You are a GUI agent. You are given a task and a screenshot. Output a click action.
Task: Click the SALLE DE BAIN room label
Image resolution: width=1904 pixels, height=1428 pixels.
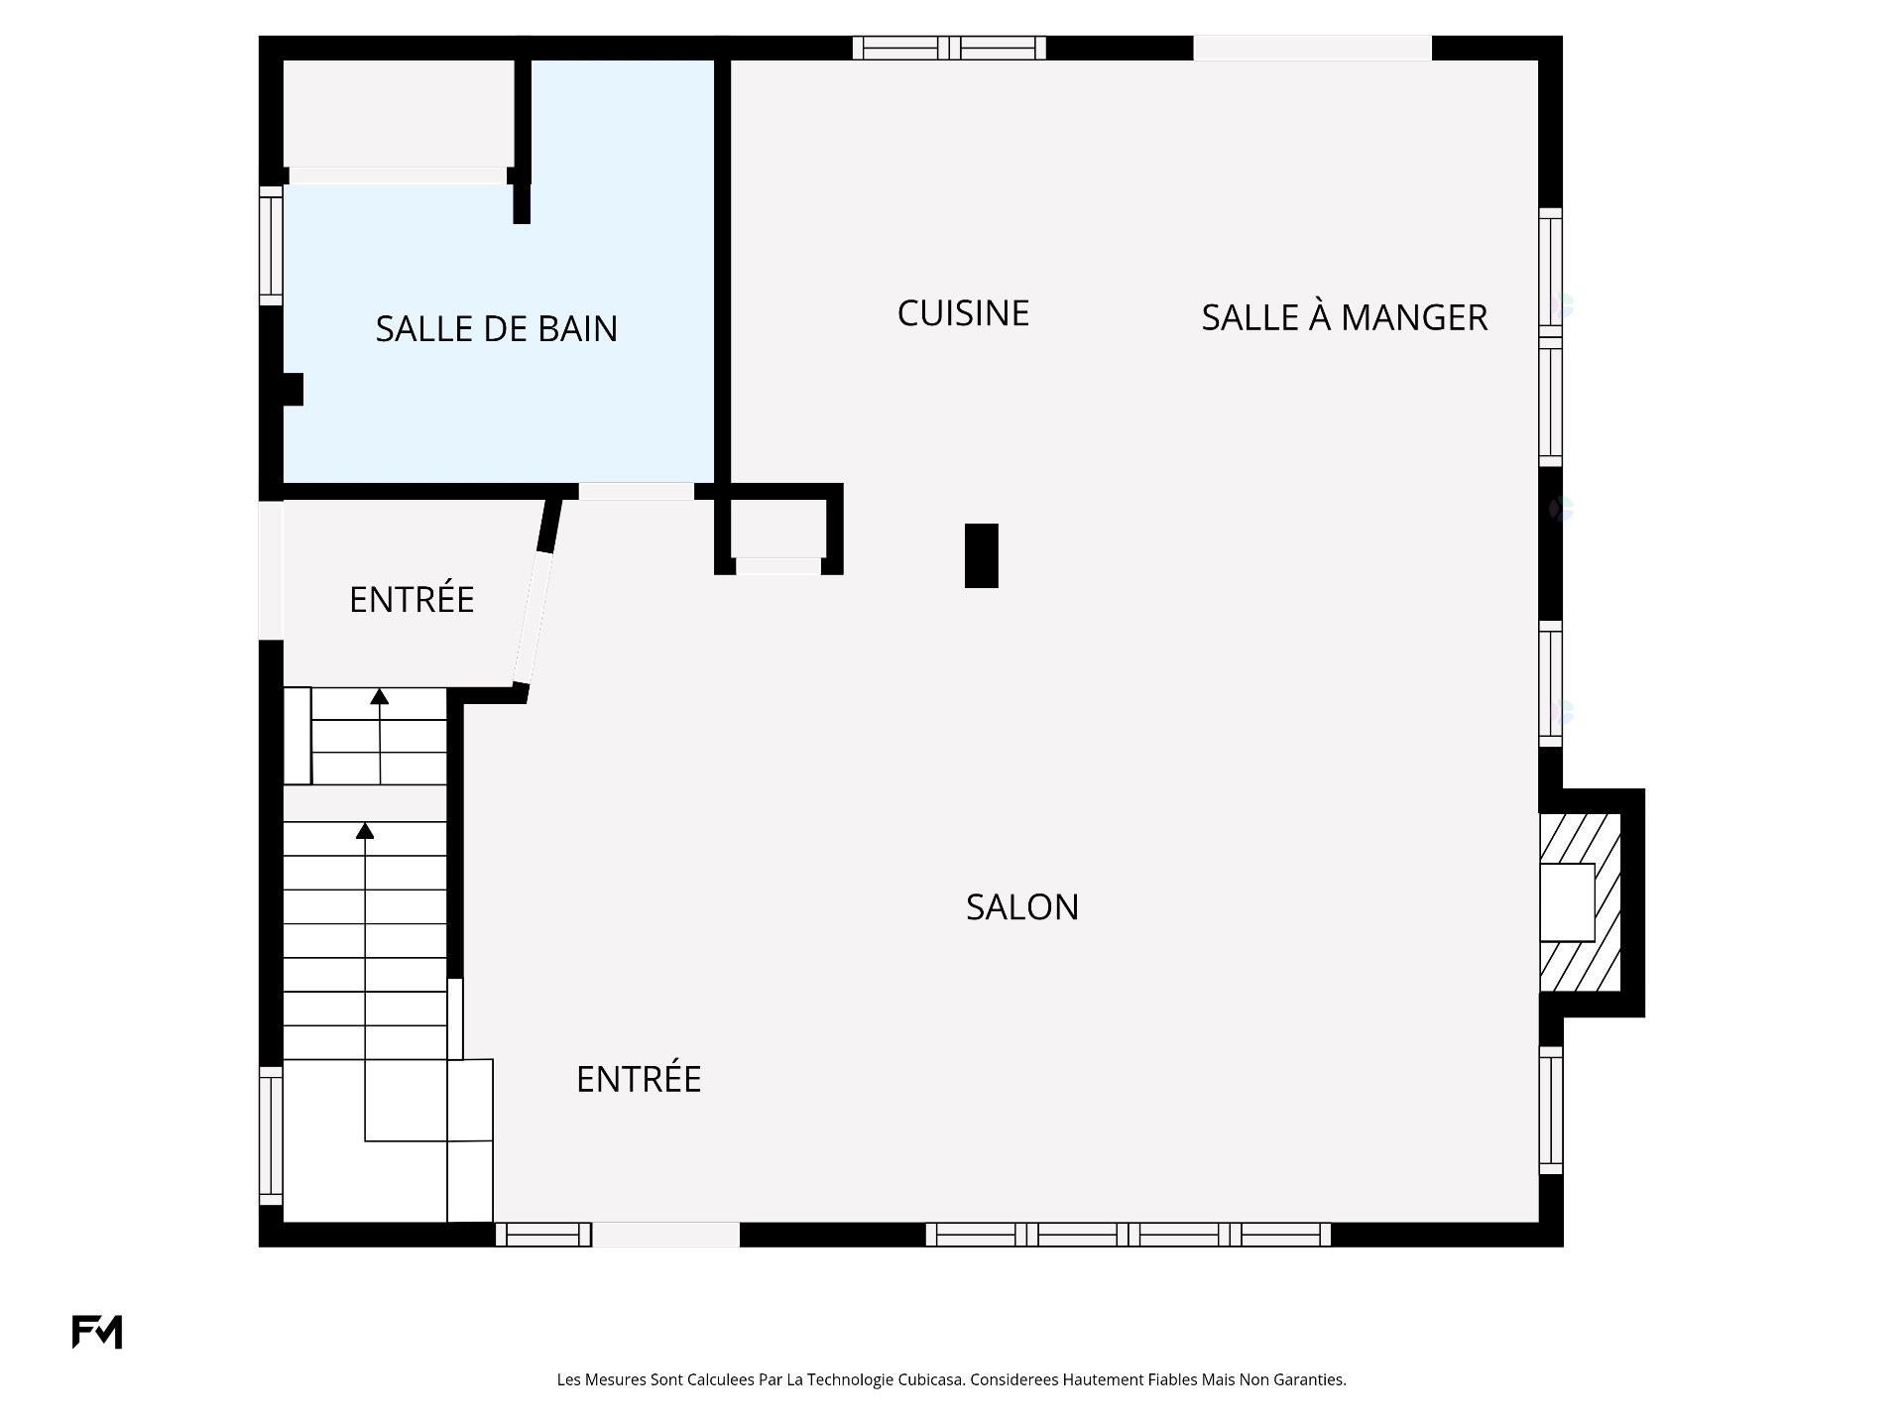[496, 328]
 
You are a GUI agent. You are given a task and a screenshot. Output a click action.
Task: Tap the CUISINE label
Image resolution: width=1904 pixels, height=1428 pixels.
[963, 313]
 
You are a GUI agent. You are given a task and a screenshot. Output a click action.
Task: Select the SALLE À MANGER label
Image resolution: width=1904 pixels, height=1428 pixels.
[1344, 317]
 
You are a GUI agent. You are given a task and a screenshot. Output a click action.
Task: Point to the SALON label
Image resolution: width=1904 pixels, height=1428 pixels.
[1022, 906]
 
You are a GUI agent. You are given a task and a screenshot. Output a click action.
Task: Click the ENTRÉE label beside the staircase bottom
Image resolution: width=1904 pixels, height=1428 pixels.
[639, 1079]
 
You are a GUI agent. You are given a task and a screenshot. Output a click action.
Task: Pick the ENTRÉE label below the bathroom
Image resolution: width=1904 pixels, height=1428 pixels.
[412, 599]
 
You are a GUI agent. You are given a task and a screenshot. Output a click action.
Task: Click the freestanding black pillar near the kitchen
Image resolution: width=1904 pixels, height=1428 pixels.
[982, 555]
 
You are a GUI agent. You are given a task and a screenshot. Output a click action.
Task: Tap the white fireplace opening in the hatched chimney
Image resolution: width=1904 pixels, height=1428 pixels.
[1567, 902]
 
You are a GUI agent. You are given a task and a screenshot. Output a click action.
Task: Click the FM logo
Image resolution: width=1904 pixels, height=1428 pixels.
[97, 1332]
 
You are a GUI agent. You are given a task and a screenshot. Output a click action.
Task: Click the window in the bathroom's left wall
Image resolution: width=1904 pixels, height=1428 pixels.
[271, 246]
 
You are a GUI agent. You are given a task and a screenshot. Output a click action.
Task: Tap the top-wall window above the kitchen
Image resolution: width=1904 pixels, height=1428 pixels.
[949, 48]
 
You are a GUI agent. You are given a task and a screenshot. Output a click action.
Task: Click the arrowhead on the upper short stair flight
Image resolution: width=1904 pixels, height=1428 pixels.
[379, 696]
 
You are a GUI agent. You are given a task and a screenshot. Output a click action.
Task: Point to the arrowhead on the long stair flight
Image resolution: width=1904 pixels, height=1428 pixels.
[365, 830]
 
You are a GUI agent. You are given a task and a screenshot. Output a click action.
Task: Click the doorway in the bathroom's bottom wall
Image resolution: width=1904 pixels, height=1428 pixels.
[636, 491]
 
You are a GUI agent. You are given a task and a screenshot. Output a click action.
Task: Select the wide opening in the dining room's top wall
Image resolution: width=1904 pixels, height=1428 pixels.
[1312, 48]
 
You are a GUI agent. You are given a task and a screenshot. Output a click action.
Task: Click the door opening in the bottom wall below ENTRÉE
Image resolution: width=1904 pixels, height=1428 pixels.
[665, 1235]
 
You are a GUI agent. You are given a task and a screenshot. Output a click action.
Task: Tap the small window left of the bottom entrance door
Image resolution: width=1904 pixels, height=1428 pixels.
[543, 1235]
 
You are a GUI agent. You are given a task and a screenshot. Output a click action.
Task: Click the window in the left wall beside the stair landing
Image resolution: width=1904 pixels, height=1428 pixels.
[271, 1135]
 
